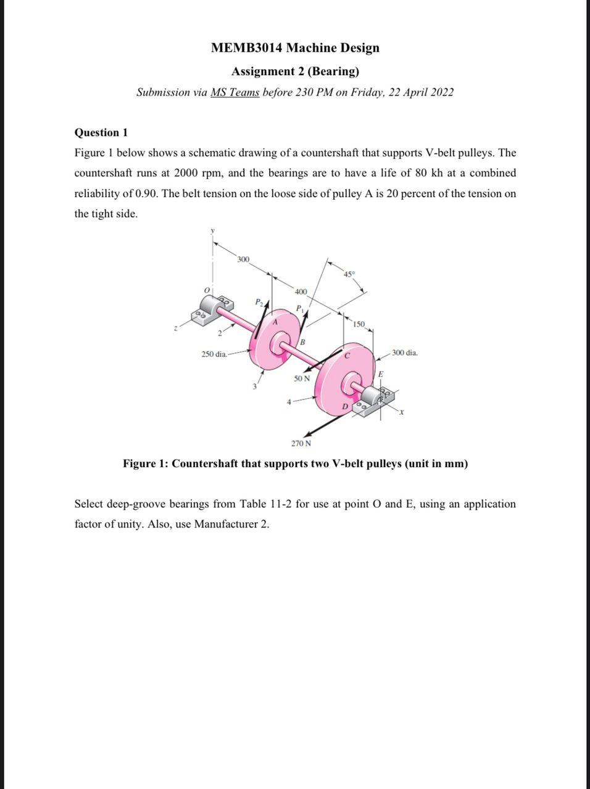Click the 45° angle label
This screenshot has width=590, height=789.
[x=349, y=273]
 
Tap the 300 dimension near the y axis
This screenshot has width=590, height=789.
[x=243, y=260]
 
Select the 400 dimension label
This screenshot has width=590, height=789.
[x=301, y=291]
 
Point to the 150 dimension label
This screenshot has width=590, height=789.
[x=359, y=324]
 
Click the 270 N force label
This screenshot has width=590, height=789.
[x=301, y=443]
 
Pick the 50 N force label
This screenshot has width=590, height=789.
[x=302, y=378]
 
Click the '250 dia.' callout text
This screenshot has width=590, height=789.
[x=214, y=354]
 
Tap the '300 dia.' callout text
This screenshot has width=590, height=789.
[x=404, y=353]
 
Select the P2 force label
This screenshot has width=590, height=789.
[x=259, y=301]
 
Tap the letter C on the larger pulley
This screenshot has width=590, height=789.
[x=347, y=355]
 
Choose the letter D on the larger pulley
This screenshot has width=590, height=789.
[x=346, y=406]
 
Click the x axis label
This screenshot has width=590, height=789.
[x=402, y=412]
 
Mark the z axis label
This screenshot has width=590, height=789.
[x=175, y=330]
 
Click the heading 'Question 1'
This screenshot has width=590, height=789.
[x=101, y=133]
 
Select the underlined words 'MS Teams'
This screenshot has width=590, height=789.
[x=235, y=92]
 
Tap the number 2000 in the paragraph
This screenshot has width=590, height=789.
[x=187, y=173]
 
